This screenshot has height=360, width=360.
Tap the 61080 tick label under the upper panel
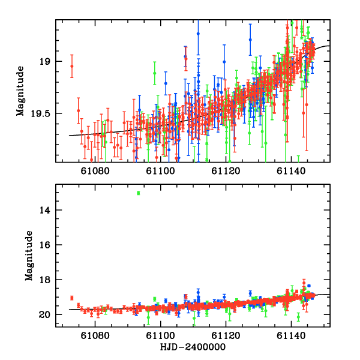[96, 170]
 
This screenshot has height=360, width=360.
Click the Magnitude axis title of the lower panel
[28, 256]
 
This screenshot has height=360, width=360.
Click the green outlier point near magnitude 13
[139, 193]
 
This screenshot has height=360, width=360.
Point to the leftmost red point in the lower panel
[71, 298]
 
